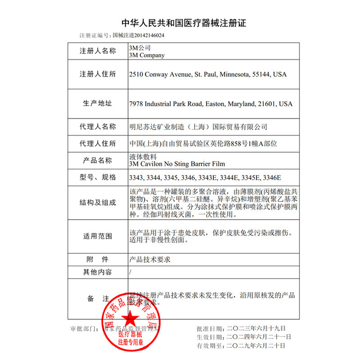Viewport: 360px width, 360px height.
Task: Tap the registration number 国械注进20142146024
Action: click(138, 35)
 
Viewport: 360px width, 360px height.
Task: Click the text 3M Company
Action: click(147, 55)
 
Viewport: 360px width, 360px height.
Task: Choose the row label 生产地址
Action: click(98, 103)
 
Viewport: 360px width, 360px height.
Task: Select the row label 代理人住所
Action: click(98, 144)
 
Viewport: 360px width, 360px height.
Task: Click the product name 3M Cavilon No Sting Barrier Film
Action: click(176, 164)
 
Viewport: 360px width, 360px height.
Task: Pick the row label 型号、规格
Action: click(98, 177)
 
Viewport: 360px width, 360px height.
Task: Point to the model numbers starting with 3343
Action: click(205, 177)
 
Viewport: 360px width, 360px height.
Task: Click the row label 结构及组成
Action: click(98, 203)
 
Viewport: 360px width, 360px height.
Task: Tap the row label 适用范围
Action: click(98, 236)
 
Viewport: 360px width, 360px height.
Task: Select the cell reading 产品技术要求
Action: click(150, 260)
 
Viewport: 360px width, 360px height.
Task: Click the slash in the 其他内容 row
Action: click(130, 272)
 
